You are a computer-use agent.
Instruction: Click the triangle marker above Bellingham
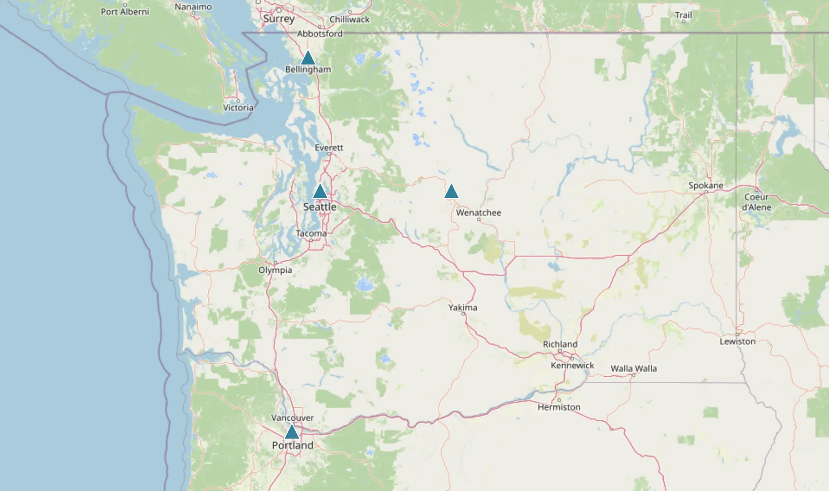[x=308, y=58]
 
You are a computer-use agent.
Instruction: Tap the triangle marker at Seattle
[x=320, y=192]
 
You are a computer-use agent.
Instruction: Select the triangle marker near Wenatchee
[x=451, y=191]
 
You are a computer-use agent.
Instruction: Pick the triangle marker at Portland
[x=292, y=432]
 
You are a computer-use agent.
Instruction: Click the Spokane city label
[x=706, y=185]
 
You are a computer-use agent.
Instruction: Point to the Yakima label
[x=463, y=307]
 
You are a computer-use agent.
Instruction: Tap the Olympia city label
[x=275, y=270]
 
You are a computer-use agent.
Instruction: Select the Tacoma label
[x=311, y=233]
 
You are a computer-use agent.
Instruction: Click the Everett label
[x=329, y=147]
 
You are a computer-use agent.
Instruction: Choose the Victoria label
[x=238, y=108]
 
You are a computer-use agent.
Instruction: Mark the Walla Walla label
[x=634, y=368]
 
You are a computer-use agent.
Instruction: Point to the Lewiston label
[x=738, y=341]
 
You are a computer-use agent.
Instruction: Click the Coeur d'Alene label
[x=756, y=202]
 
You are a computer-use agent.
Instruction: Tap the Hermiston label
[x=559, y=407]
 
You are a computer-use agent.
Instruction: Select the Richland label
[x=560, y=344]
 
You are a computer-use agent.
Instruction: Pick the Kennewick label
[x=572, y=365]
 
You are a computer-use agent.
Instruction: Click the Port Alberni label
[x=125, y=12]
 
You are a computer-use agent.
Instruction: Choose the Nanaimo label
[x=193, y=7]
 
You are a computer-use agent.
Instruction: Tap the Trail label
[x=683, y=15]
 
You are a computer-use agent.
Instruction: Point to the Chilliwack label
[x=350, y=19]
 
